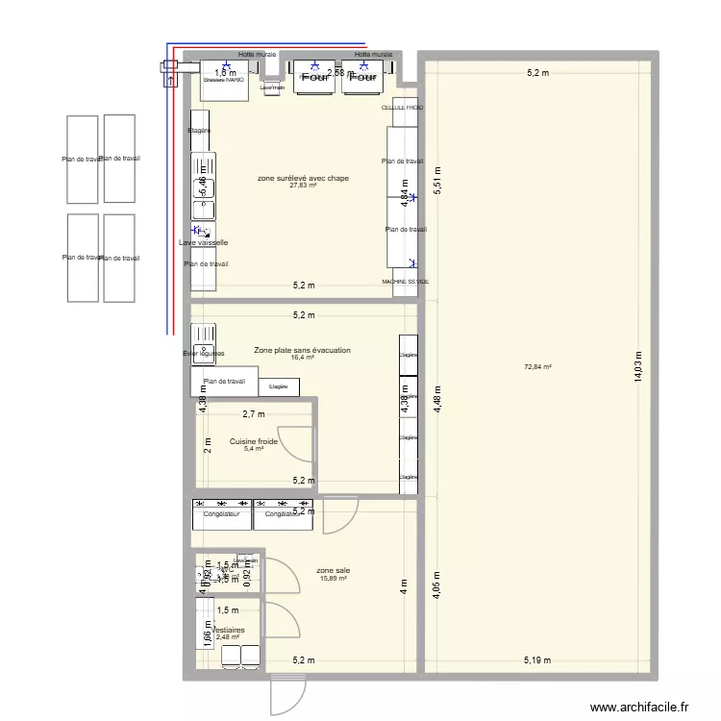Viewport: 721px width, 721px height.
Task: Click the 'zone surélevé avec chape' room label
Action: tap(303, 178)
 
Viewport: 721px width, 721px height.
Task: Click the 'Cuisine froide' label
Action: tap(254, 441)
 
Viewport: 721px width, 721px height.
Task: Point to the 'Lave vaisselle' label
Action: tap(203, 243)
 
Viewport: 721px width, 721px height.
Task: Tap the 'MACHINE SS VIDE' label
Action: tap(406, 282)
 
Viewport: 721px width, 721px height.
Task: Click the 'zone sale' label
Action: tap(333, 570)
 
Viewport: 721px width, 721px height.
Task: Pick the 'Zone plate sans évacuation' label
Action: tap(302, 351)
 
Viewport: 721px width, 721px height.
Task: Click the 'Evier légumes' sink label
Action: tap(203, 354)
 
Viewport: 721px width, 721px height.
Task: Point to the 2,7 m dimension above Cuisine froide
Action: tap(253, 414)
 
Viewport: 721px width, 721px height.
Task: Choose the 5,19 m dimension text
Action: tap(538, 659)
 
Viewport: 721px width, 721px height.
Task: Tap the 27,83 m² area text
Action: tap(303, 186)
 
